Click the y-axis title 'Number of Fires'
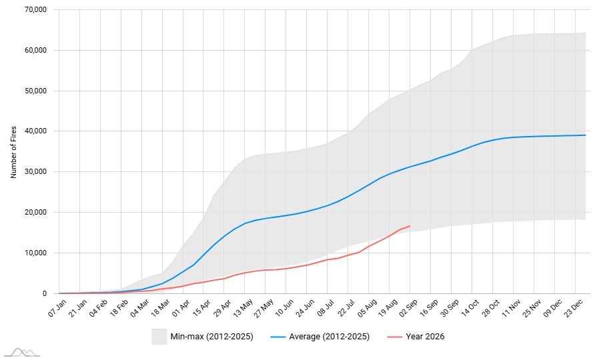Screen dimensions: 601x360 [14, 152]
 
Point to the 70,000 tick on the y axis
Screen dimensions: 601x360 [35, 9]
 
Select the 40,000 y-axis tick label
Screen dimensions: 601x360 [35, 131]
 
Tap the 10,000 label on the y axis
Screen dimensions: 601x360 [35, 253]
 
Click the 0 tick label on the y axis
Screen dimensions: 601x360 [45, 293]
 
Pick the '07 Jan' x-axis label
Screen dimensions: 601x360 [57, 308]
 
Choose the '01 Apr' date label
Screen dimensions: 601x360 [181, 308]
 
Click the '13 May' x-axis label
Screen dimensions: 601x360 [243, 308]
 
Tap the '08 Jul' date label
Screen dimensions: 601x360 [326, 308]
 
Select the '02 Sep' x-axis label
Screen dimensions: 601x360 [408, 308]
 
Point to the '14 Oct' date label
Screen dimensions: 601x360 [470, 308]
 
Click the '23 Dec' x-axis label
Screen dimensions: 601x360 [574, 308]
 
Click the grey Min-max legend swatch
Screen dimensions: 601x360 [159, 337]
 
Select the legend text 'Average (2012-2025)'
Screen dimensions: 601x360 [330, 337]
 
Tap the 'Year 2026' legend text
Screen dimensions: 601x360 [425, 337]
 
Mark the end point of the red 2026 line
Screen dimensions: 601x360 [410, 226]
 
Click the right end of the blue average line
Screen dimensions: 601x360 [586, 135]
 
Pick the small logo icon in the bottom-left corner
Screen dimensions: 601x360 [22, 353]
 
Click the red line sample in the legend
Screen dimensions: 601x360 [395, 337]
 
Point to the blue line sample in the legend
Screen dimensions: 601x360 [278, 337]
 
